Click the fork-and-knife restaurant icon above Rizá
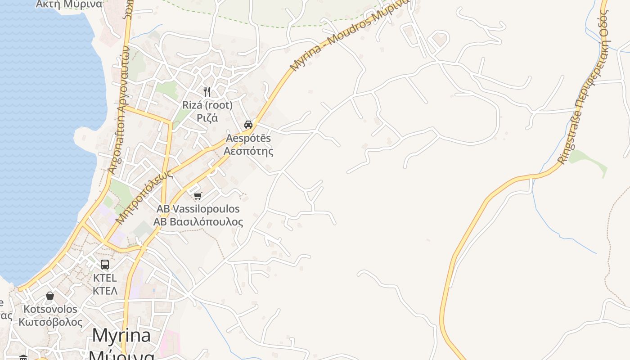[207, 92]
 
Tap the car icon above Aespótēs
[248, 125]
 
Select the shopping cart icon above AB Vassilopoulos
[198, 196]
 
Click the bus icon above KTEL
[105, 265]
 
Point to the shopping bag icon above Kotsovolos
[50, 296]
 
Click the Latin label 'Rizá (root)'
[207, 105]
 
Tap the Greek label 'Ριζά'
[207, 118]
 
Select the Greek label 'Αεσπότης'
[248, 151]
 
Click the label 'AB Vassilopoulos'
[198, 209]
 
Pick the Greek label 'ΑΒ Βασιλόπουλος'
[198, 222]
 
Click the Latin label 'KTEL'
[105, 278]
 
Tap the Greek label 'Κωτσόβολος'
[50, 322]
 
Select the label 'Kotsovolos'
[50, 310]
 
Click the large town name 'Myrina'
[121, 336]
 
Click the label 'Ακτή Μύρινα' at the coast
[68, 4]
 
